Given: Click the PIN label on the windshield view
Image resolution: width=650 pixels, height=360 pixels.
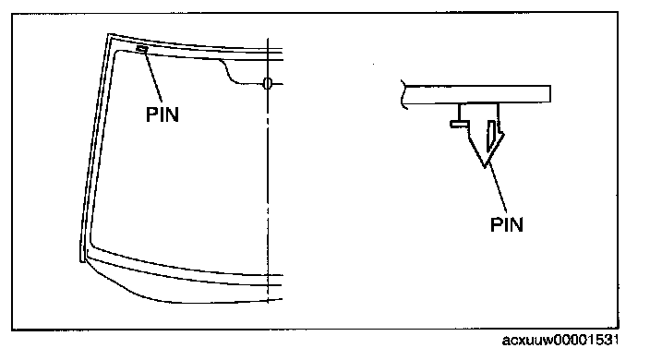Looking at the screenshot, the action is click(162, 114).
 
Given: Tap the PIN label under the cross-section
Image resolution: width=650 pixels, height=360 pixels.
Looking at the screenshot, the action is click(507, 224).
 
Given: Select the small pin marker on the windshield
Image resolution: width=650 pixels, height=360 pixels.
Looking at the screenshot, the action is click(142, 49).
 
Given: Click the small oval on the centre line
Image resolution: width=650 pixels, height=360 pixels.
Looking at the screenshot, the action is click(268, 83).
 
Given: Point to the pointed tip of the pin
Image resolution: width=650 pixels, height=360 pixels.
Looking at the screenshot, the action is click(485, 166).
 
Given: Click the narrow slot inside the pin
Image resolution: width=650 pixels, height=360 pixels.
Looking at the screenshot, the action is click(491, 136).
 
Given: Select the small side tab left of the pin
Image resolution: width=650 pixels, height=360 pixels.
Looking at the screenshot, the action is click(459, 124).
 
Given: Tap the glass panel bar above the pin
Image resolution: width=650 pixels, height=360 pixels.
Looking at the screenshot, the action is click(476, 94).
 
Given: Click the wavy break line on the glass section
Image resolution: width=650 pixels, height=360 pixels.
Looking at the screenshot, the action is click(403, 94).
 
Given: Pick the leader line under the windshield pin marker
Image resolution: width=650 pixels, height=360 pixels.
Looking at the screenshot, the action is click(153, 78).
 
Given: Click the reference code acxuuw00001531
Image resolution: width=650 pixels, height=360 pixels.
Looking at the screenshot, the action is click(560, 341).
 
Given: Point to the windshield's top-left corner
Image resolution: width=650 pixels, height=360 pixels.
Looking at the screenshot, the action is click(109, 34).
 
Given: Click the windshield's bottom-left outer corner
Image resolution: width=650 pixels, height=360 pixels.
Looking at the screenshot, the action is click(81, 261).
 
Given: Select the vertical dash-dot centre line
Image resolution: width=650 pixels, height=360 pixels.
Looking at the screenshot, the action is click(268, 170).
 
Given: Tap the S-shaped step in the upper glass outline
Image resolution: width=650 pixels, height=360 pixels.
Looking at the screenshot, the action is click(229, 72).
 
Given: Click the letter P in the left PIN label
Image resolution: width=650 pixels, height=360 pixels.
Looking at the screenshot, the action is click(151, 114).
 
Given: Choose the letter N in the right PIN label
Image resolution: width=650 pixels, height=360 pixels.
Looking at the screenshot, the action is click(516, 224).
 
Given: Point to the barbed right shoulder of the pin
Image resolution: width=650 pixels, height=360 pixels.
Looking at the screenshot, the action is click(500, 134).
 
